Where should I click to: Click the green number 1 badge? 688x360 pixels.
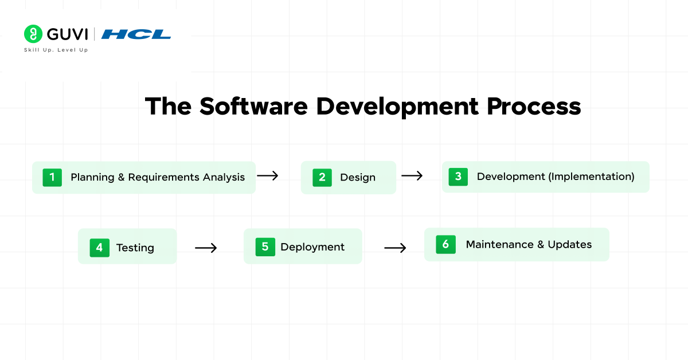(x=52, y=177)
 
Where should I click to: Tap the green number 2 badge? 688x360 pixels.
(x=322, y=177)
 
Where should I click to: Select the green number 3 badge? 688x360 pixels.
(x=458, y=177)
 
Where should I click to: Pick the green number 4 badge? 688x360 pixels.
(x=99, y=248)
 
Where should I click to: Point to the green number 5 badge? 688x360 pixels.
(x=265, y=247)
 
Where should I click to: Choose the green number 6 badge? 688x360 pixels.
(x=445, y=244)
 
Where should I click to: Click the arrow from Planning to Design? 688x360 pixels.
(x=268, y=176)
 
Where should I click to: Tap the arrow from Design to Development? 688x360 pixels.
(x=412, y=176)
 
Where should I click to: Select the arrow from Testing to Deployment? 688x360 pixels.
(x=206, y=248)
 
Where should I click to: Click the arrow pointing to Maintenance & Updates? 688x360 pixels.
(x=395, y=248)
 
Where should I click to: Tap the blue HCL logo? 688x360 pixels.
(x=136, y=34)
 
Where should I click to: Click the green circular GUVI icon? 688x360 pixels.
(x=33, y=34)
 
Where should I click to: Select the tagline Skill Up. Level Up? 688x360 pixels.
(x=56, y=50)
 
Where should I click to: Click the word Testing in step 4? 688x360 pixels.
(x=135, y=248)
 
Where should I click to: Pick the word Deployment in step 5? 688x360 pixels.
(x=312, y=247)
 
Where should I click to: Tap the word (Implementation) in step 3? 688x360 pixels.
(x=591, y=177)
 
